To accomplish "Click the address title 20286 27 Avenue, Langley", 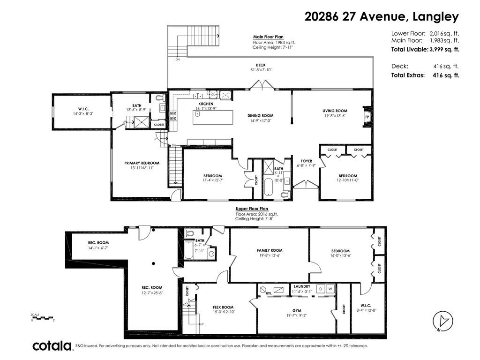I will click(x=381, y=17).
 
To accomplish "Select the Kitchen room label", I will click(x=206, y=104).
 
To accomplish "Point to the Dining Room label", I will click(x=260, y=115).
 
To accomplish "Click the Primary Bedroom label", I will click(x=138, y=163).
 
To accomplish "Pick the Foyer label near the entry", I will click(x=307, y=161).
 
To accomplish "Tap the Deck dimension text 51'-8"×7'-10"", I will click(x=261, y=70).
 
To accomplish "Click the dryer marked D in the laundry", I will click(x=322, y=289).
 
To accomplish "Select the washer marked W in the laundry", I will click(x=330, y=289).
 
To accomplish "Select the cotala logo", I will click(x=52, y=346).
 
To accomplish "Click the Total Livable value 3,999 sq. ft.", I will click(x=444, y=49).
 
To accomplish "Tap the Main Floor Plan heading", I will click(x=268, y=37).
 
